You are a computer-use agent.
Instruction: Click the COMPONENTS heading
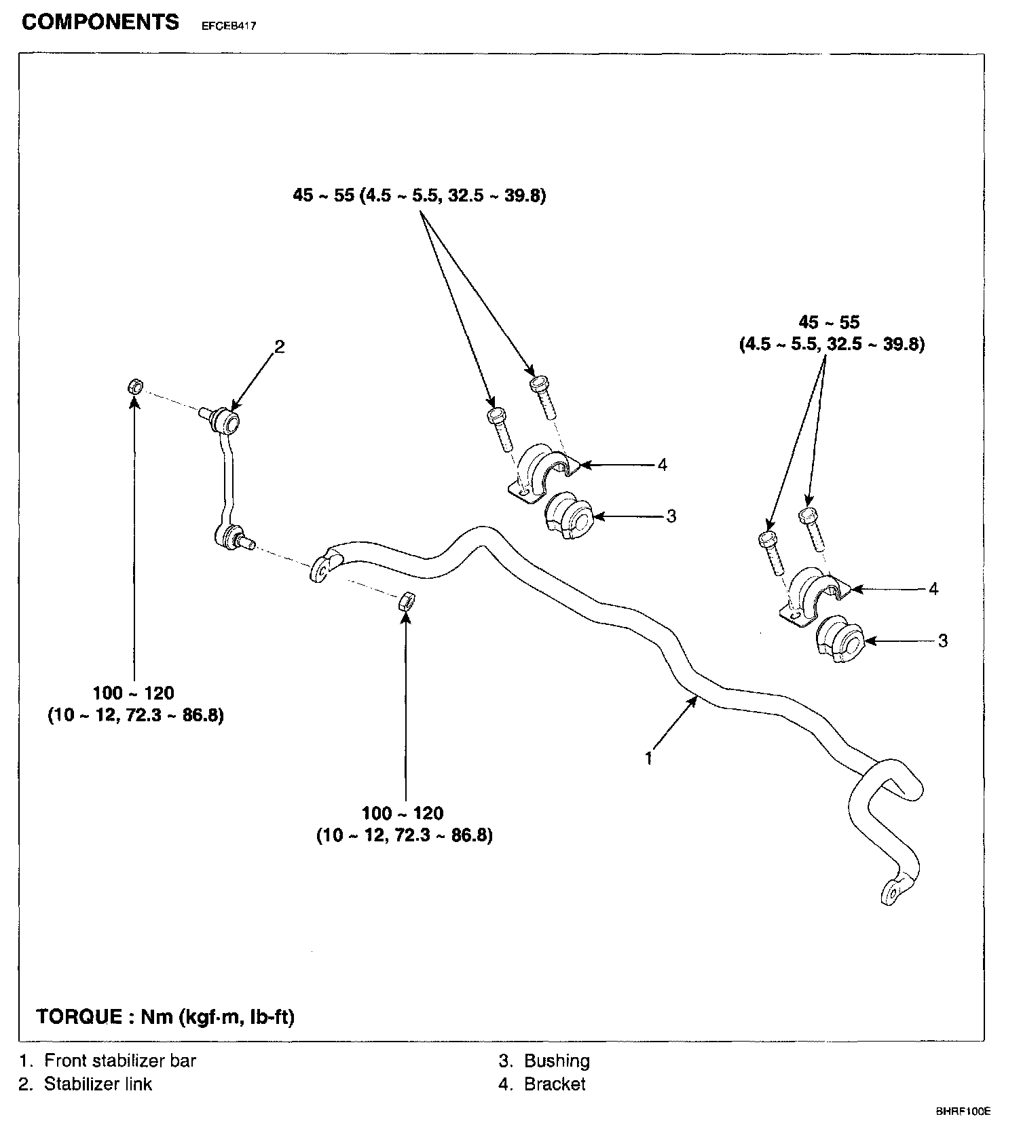tap(100, 22)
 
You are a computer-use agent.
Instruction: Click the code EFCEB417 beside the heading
tap(228, 26)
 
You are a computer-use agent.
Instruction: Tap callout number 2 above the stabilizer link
tap(279, 347)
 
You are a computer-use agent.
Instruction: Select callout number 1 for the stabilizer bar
tap(649, 757)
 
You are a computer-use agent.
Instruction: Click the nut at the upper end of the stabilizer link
tap(135, 387)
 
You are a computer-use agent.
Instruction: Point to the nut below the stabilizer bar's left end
tap(407, 600)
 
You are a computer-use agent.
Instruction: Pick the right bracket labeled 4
tap(813, 594)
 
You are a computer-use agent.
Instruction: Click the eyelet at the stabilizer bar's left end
tap(322, 568)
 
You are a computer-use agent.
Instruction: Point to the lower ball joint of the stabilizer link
tap(227, 536)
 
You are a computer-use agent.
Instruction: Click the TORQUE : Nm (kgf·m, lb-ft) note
tap(166, 1017)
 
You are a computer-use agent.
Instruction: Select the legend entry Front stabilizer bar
tap(120, 1061)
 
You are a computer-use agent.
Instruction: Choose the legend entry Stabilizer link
tap(98, 1084)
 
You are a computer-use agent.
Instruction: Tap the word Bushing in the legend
tap(557, 1061)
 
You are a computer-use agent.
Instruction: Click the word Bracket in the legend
tap(554, 1084)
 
